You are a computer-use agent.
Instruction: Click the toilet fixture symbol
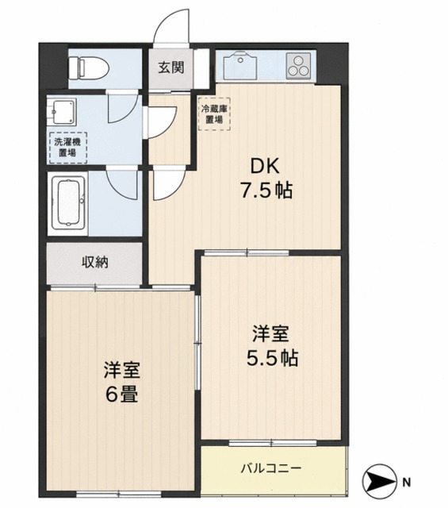coord(88,67)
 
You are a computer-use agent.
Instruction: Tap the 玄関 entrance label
coord(171,67)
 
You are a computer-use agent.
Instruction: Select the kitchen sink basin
coord(242,65)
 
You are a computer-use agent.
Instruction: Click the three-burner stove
coord(298,66)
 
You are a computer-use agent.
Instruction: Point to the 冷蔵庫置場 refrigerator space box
coord(214,114)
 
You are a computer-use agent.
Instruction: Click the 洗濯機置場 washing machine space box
coord(67,148)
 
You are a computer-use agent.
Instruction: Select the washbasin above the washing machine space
coord(63,112)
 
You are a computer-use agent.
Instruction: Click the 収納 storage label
coord(95,262)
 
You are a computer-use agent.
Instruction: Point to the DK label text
coord(266,167)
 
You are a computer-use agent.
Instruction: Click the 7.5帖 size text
coord(266,190)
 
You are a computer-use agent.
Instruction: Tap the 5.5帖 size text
coord(272,358)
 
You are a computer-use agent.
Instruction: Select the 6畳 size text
coord(121,394)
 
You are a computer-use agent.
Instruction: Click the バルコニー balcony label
coord(271,468)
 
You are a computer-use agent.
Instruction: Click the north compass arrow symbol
coord(380,482)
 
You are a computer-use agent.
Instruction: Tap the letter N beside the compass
coord(407,483)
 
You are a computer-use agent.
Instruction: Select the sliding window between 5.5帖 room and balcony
coord(272,442)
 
